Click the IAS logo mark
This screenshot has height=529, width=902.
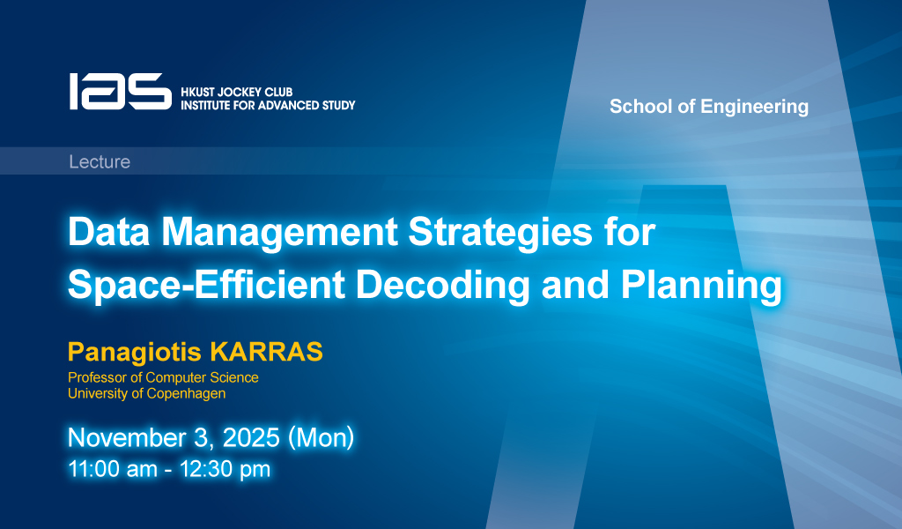(120, 91)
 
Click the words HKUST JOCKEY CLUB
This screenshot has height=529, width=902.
(236, 92)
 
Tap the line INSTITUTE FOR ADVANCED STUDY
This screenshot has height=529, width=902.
(268, 105)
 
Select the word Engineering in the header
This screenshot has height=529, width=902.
(754, 107)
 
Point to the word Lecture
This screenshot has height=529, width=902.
(100, 161)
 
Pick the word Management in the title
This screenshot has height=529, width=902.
(279, 233)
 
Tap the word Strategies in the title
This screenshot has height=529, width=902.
(500, 233)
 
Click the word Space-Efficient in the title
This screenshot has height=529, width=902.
(206, 285)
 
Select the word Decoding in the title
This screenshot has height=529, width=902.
(443, 286)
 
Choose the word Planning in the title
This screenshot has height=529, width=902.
(701, 286)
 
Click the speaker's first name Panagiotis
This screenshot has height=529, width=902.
(135, 353)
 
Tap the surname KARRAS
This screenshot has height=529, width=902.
(266, 351)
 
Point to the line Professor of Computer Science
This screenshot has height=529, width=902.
(163, 377)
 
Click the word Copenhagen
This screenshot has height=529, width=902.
(186, 394)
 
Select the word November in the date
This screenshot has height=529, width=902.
(123, 438)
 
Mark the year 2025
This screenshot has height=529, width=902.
(251, 438)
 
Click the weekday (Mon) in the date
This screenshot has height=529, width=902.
(321, 438)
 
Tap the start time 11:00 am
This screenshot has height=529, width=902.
(113, 469)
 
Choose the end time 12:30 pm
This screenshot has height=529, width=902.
(225, 470)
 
